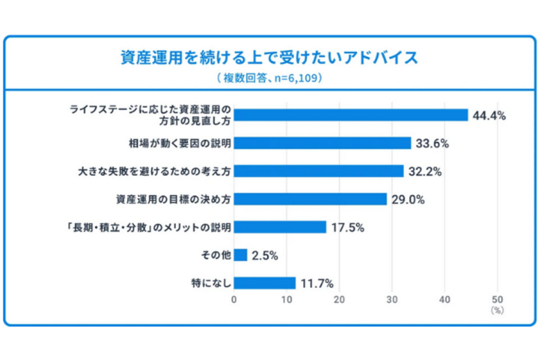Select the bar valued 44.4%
tap(351, 115)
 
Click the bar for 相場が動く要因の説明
tap(322, 143)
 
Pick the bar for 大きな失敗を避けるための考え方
tap(319, 171)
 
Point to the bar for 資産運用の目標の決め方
tap(310, 199)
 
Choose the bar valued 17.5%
tap(280, 227)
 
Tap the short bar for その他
tap(240, 255)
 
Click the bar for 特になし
tap(265, 283)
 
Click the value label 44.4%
tap(490, 116)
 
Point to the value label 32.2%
tap(425, 171)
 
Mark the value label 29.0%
tap(408, 199)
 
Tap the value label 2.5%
tap(265, 256)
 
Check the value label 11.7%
tap(317, 283)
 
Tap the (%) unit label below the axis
tap(497, 310)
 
